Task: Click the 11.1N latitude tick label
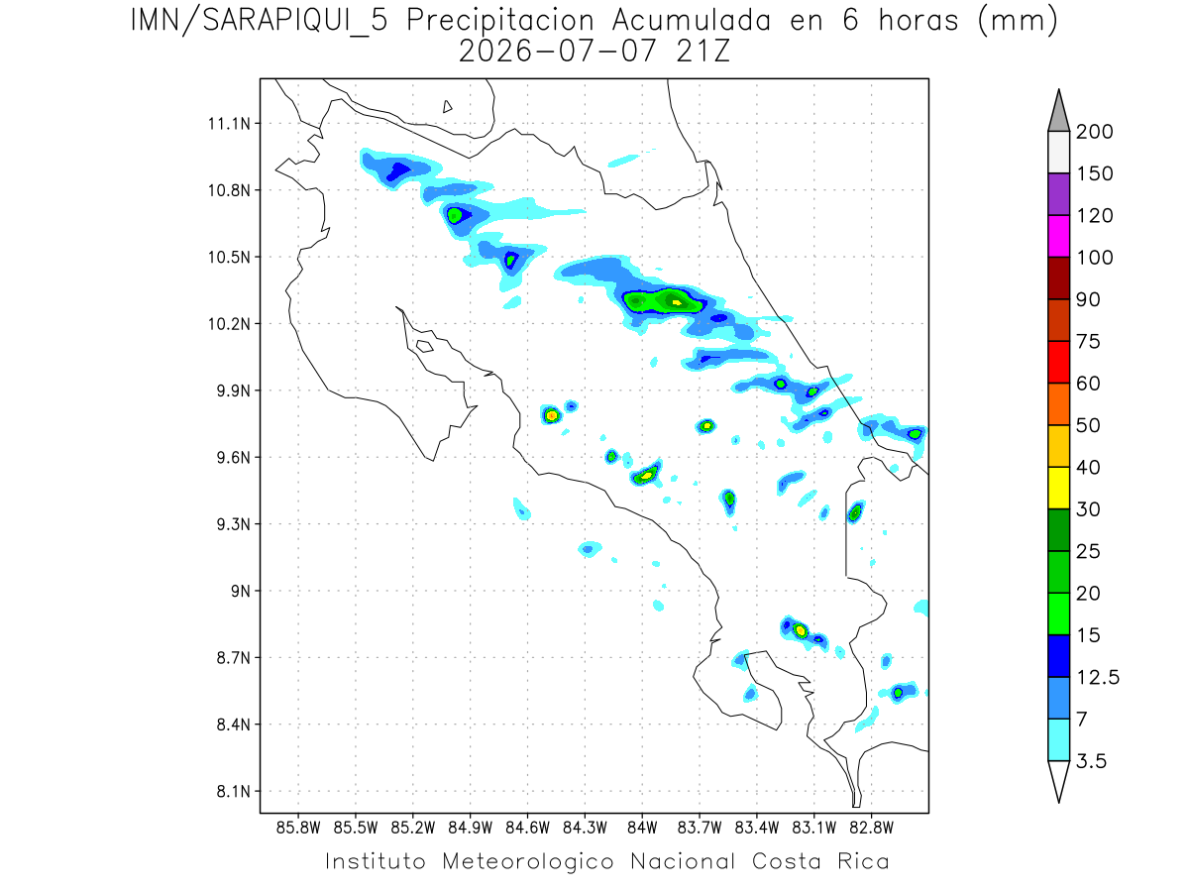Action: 229,124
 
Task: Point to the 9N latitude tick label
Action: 241,591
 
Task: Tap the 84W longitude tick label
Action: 642,828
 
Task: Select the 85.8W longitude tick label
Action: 298,828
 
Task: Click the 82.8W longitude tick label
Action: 872,828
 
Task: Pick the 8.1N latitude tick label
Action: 234,791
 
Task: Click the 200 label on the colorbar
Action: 1094,132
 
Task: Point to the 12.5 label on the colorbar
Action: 1098,678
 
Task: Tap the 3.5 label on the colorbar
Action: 1091,761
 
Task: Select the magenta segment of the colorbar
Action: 1058,236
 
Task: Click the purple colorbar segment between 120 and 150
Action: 1058,194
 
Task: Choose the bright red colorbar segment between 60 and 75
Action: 1058,363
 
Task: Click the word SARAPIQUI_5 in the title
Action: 295,22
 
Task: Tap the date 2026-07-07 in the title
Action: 557,52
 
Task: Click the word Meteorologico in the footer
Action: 527,862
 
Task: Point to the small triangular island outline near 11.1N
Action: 447,107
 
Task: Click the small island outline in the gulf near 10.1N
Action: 425,346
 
